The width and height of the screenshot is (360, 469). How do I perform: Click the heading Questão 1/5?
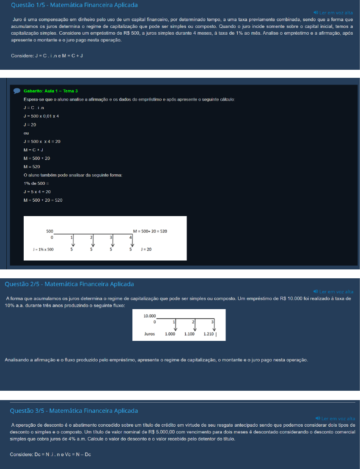tap(74, 5)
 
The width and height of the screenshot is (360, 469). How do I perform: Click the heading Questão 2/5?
tap(69, 284)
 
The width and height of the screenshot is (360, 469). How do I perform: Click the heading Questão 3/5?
tap(74, 411)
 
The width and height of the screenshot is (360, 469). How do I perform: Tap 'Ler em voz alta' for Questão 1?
tap(333, 13)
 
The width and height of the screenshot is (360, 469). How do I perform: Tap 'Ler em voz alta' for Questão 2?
tap(333, 292)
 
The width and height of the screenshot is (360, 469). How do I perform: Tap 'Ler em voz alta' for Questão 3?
tap(335, 418)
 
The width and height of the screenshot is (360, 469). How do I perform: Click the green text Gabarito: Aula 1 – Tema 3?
tap(51, 91)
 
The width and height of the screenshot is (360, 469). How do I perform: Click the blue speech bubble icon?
tap(17, 91)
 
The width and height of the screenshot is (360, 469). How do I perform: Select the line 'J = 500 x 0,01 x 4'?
tap(41, 116)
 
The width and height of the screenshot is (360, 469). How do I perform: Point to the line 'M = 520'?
tap(32, 167)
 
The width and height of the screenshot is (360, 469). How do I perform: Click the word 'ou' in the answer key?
tap(26, 133)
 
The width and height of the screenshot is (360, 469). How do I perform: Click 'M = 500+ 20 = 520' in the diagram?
tap(150, 231)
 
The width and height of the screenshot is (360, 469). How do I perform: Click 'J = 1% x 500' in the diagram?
tap(43, 250)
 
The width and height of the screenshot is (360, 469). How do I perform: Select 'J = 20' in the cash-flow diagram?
tap(146, 250)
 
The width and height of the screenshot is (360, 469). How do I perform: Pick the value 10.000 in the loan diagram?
tap(150, 316)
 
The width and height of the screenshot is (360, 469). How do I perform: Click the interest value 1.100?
tap(189, 334)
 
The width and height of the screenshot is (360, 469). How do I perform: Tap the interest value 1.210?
tap(209, 334)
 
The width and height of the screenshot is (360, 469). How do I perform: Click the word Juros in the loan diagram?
tap(150, 334)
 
